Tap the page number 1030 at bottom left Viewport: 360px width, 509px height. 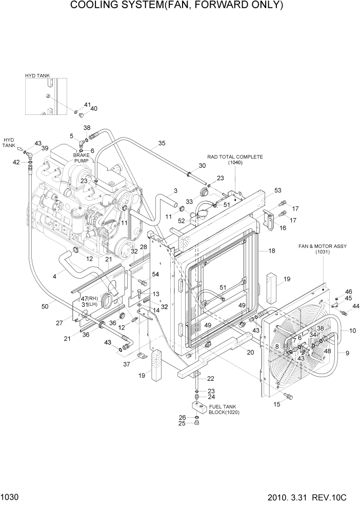coord(11,498)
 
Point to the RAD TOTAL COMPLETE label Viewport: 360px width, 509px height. coord(235,156)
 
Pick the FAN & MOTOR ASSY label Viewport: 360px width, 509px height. coord(323,246)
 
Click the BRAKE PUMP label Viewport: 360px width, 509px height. coord(81,158)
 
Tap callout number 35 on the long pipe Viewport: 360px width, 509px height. coord(162,143)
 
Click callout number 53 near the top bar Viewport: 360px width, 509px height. coord(277,190)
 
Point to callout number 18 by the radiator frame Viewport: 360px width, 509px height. coord(272,251)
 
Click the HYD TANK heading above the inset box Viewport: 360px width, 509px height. coord(37,75)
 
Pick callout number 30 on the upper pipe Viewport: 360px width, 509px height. coord(202,166)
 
